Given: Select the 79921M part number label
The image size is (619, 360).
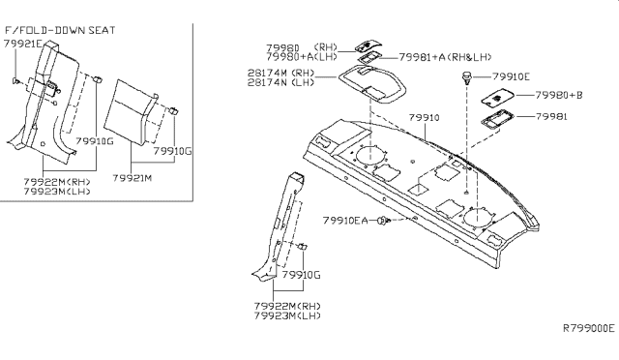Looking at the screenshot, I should click(x=132, y=179).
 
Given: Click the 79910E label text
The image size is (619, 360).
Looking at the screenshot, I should click(x=512, y=75).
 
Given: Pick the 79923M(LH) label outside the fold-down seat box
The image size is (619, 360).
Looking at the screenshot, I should click(x=288, y=315).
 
